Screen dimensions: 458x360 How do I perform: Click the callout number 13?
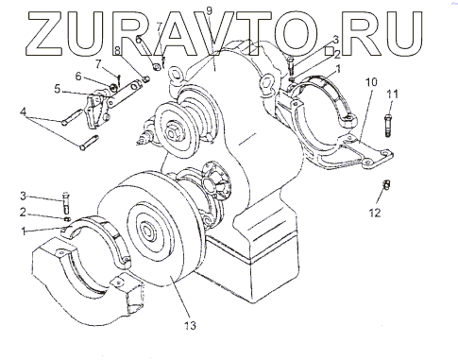190,325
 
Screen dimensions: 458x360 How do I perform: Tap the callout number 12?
375,213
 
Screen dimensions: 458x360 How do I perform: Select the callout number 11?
393,94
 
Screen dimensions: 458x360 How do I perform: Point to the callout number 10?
371,82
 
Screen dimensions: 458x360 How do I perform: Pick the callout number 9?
210,10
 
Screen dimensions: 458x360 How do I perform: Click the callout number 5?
57,89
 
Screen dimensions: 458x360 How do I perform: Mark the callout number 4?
23,111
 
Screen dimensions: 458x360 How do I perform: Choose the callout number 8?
117,50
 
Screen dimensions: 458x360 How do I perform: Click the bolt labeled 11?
388,126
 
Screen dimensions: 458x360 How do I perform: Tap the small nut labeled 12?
387,185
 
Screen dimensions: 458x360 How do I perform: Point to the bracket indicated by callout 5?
96,111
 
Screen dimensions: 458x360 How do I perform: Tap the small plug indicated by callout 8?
145,79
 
